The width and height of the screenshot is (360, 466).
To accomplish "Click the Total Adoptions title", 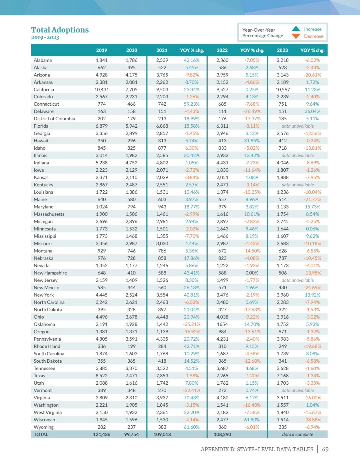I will coord(60,30).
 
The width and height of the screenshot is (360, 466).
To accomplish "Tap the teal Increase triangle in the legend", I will coord(296,29).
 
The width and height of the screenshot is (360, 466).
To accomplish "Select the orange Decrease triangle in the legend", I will coord(296,36).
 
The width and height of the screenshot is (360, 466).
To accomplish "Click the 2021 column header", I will coord(162,50).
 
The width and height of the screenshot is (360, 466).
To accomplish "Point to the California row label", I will coord(44,90).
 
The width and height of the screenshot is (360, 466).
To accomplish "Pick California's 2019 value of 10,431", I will coord(102,90).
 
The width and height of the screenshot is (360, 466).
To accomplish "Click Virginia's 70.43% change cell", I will coord(192,398).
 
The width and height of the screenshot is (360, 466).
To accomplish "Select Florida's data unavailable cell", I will coord(298,126).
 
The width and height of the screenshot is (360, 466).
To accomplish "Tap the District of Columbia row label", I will coord(54,119).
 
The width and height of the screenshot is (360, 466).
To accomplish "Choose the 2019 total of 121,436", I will coord(102,434).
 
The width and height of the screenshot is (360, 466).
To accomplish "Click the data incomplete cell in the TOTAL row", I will coord(298,434).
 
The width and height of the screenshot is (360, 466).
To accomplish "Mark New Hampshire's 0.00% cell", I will coord(252,273).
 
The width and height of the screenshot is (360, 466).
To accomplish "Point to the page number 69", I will coord(325,449).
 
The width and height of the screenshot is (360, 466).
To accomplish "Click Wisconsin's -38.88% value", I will coord(313,420).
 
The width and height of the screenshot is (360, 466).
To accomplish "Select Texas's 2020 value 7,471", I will coord(132,376).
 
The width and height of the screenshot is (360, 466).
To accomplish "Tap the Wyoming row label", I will coord(44,427).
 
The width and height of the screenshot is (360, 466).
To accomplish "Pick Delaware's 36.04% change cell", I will coord(313,112).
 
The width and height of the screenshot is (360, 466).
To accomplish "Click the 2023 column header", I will coord(282,50).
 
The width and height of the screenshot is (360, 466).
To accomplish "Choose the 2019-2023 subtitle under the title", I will coord(45,38).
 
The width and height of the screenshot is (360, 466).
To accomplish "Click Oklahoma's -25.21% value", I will coord(192,324).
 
